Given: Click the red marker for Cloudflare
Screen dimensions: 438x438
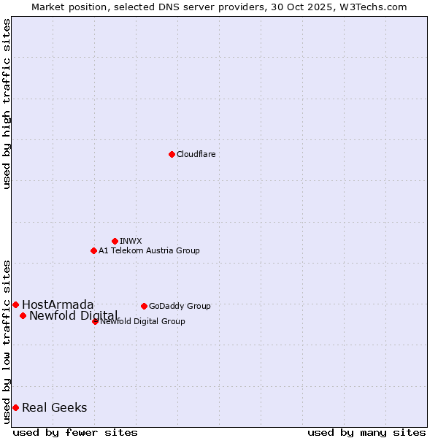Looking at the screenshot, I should [x=172, y=154].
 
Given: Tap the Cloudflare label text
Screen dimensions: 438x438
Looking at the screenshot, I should [x=196, y=154].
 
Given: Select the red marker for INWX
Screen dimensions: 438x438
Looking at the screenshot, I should [x=115, y=241].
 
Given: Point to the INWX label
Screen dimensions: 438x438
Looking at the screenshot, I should [x=131, y=241].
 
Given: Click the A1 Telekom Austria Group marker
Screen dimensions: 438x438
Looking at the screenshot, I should [x=93, y=250].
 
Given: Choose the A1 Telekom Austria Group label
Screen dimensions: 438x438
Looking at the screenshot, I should [x=149, y=250].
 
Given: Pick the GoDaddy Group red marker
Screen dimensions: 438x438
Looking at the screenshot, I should [x=144, y=306].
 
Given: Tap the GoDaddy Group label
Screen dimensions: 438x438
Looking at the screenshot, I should [x=180, y=306].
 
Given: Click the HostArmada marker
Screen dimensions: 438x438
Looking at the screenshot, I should [x=15, y=304].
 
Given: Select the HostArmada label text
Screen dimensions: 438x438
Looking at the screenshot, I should [x=58, y=304].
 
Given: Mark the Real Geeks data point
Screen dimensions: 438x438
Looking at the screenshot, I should [x=15, y=407].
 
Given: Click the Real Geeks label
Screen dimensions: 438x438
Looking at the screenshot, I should [x=55, y=407].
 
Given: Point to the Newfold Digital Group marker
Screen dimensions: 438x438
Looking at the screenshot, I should [x=96, y=321].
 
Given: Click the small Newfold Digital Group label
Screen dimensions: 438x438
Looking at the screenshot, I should [x=143, y=321].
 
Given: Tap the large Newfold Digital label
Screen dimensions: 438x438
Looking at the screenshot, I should [x=73, y=315].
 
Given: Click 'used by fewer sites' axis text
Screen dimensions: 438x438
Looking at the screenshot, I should [x=75, y=432].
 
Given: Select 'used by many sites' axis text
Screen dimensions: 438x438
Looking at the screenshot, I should [x=366, y=432].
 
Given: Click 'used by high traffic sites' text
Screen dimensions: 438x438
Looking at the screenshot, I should [x=7, y=104].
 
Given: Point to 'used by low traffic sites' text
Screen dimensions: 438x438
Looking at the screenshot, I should [x=7, y=342].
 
